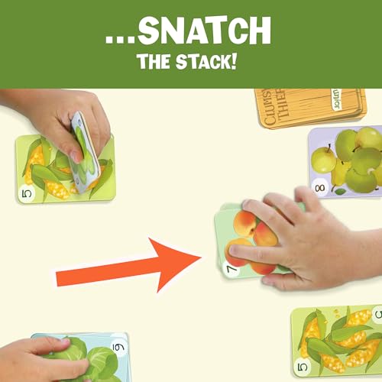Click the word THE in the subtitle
(x=157, y=61)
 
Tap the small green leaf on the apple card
(x=339, y=191)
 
